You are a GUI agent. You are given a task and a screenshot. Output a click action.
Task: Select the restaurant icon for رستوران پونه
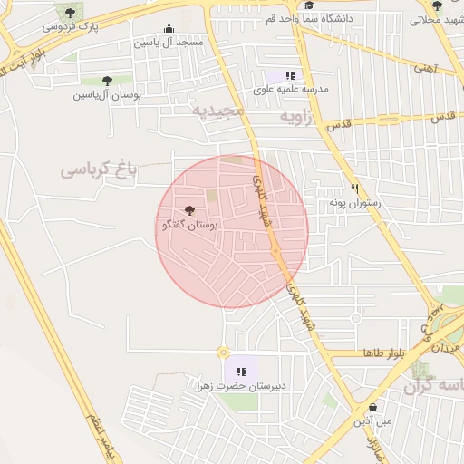click(x=355, y=189)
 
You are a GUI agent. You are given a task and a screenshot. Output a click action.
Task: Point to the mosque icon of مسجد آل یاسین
click(x=169, y=28)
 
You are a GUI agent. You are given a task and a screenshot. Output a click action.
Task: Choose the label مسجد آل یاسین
click(x=169, y=42)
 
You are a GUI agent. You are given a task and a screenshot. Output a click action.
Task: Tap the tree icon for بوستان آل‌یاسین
click(x=108, y=81)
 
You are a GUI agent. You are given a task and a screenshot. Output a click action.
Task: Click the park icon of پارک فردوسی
click(x=71, y=12)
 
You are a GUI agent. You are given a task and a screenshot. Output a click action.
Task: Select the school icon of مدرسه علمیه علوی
click(x=290, y=76)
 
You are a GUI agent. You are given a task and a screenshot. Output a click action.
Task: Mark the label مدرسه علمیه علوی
click(x=294, y=91)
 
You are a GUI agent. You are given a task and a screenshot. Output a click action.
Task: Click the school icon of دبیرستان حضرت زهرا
click(x=241, y=371)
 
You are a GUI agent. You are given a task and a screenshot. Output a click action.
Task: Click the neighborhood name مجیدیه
click(x=217, y=111)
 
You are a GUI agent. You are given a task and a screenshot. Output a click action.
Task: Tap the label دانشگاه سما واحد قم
click(x=310, y=17)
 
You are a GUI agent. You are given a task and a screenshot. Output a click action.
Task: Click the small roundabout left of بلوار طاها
click(x=223, y=352)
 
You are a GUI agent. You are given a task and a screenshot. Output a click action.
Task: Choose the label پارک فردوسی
click(x=71, y=26)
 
